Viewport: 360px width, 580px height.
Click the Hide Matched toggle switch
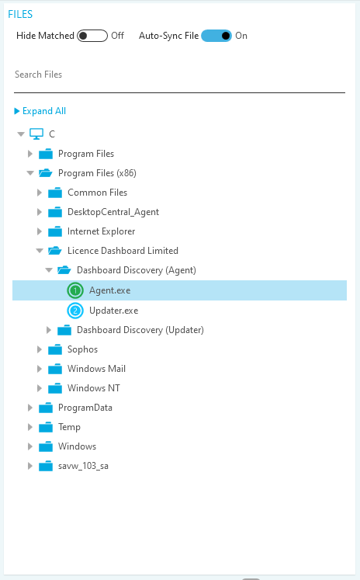[x=92, y=36]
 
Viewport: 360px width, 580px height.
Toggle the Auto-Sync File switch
[x=216, y=36]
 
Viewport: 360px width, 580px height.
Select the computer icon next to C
[x=36, y=134]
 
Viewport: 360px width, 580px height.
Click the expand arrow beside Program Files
[x=30, y=154]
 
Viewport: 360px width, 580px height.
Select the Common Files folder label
[x=97, y=193]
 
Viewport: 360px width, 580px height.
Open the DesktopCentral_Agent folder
[x=113, y=212]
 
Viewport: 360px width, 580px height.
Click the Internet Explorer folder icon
[x=55, y=231]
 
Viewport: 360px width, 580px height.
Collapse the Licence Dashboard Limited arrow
[x=40, y=251]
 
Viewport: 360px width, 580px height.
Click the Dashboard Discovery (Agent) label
[x=137, y=270]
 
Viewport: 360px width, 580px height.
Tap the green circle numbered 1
[x=75, y=290]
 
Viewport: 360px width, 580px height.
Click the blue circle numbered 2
[x=75, y=311]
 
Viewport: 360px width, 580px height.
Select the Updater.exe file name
[x=114, y=311]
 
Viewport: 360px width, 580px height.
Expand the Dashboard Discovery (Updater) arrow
[x=48, y=330]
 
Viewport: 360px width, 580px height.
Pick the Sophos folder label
[x=82, y=349]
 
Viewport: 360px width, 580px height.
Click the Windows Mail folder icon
[x=55, y=369]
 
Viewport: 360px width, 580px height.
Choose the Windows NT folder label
[x=94, y=388]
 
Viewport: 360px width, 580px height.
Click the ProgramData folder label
[x=85, y=408]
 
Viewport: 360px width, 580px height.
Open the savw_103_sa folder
[x=83, y=466]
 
